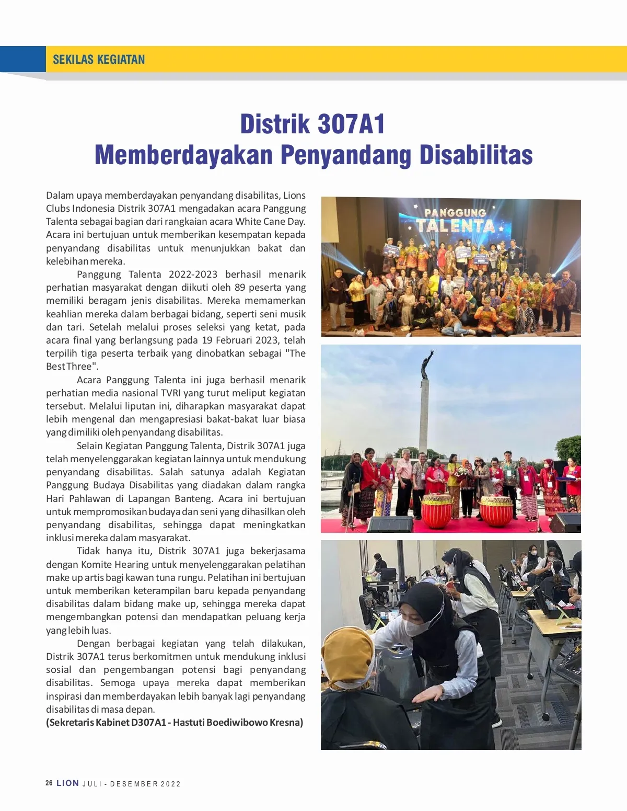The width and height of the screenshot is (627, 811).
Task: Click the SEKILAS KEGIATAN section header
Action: point(99,59)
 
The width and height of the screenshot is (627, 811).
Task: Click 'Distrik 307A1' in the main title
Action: point(312,124)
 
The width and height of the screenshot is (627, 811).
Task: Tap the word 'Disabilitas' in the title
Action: point(476,155)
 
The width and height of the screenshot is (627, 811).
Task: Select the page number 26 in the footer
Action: point(49,783)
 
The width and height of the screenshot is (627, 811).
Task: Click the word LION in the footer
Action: point(68,783)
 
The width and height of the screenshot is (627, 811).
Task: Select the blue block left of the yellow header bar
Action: point(23,59)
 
